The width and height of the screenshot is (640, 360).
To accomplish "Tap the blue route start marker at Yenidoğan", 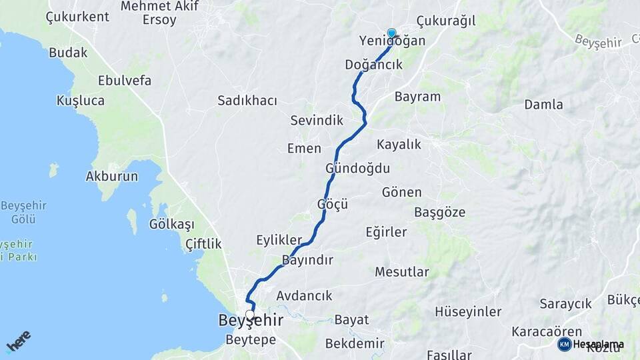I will pos(391,33).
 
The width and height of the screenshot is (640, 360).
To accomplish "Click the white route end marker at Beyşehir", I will pos(250,315).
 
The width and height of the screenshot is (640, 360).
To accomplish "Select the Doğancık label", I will pos(373,65).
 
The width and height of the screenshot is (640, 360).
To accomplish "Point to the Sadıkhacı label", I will pos(247,101).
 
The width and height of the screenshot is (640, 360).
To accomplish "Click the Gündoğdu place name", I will pos(358,168).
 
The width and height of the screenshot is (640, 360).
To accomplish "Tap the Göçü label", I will pos(333,204).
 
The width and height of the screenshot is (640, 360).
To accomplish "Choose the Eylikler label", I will pos(279,240).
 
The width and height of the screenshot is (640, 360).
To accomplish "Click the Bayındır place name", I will pos(307,260).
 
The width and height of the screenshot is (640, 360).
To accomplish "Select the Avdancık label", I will pos(304,295).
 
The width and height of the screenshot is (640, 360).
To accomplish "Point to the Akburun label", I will pos(111,177).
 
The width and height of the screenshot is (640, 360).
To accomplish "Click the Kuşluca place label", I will pos(81,101).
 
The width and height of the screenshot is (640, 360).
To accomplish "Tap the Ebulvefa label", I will pos(125,81).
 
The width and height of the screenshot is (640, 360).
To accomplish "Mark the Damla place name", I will pos(543,104).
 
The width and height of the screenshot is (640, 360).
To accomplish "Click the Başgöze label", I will pos(440,213).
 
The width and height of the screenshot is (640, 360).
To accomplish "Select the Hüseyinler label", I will pos(468,311).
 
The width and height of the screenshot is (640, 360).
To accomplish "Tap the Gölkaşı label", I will pos(172,224).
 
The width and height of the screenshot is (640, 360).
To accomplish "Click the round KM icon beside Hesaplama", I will pos(564,344).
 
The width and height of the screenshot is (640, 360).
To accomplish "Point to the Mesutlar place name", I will pos(402,271).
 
